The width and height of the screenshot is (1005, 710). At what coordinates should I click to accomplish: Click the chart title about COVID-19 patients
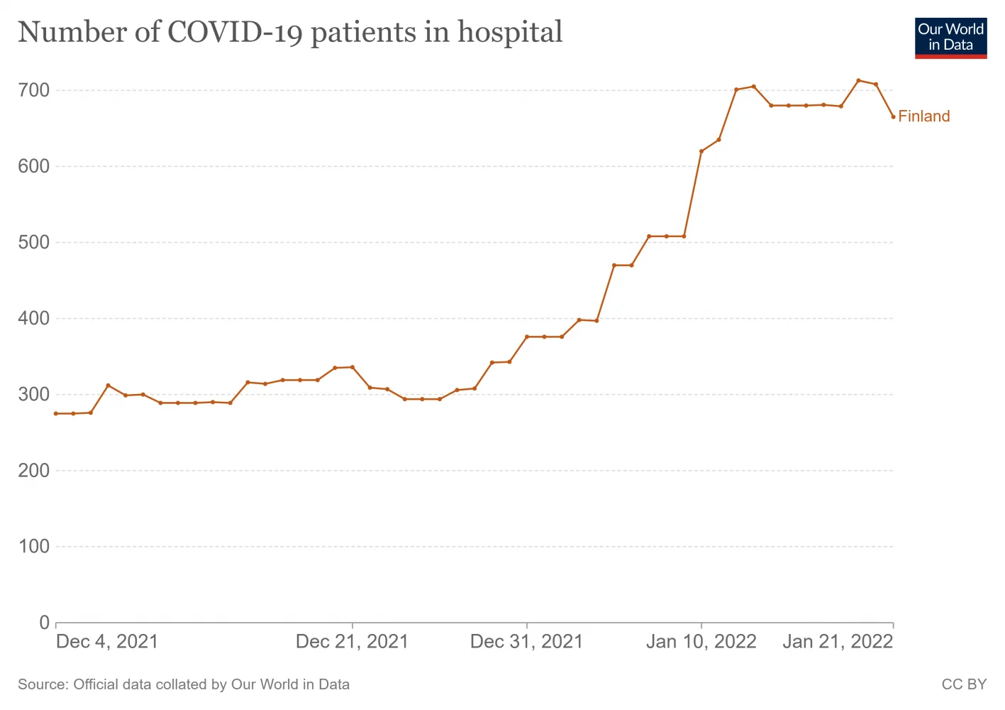pyautogui.click(x=290, y=33)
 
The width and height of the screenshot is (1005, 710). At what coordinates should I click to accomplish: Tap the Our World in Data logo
pyautogui.click(x=950, y=38)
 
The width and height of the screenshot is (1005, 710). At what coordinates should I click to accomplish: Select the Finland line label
pyautogui.click(x=923, y=116)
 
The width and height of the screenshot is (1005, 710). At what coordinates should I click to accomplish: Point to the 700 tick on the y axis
pyautogui.click(x=34, y=90)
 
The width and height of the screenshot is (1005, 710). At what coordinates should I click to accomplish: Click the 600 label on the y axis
pyautogui.click(x=34, y=166)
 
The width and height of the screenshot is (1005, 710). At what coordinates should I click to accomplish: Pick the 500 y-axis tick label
pyautogui.click(x=34, y=242)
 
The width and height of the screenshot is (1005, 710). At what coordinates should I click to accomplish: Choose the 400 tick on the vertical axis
pyautogui.click(x=34, y=318)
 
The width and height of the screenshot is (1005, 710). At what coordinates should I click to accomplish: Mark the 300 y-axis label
pyautogui.click(x=34, y=394)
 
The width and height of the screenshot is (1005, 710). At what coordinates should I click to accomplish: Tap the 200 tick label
pyautogui.click(x=34, y=470)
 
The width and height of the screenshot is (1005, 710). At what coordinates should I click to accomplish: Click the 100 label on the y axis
pyautogui.click(x=34, y=546)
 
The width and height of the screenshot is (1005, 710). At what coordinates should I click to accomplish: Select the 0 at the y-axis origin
pyautogui.click(x=44, y=623)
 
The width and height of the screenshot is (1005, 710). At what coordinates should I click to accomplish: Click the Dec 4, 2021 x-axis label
pyautogui.click(x=107, y=642)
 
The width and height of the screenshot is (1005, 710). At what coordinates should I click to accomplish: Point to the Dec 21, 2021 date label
pyautogui.click(x=352, y=642)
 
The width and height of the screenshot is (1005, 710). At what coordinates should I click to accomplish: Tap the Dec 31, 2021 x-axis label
pyautogui.click(x=526, y=642)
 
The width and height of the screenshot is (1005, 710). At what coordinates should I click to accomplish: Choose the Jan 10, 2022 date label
pyautogui.click(x=701, y=642)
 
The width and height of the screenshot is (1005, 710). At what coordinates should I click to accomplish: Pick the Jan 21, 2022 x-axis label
pyautogui.click(x=837, y=642)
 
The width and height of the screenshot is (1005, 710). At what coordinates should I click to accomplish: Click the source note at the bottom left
pyautogui.click(x=184, y=684)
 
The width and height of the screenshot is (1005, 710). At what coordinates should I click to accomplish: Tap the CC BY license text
pyautogui.click(x=964, y=684)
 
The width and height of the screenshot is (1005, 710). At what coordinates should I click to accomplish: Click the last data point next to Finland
pyautogui.click(x=893, y=116)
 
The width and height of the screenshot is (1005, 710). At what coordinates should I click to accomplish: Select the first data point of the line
pyautogui.click(x=56, y=413)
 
